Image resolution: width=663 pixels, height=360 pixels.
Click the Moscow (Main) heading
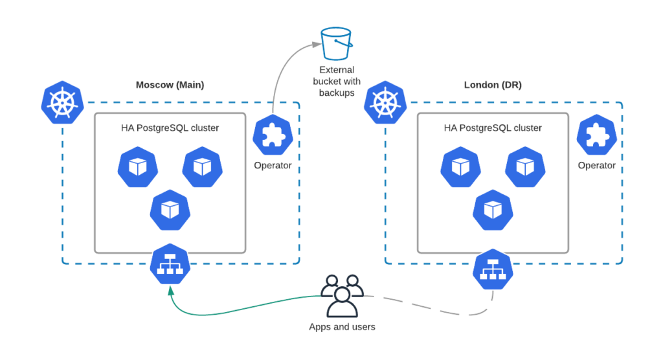click(x=170, y=85)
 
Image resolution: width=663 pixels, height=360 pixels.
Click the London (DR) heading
click(x=492, y=85)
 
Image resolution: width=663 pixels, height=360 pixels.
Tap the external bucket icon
click(x=336, y=43)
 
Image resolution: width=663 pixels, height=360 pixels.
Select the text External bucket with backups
click(x=336, y=82)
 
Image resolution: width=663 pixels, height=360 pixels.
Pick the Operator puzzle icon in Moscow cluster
click(x=273, y=135)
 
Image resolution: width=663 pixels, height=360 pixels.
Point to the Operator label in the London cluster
click(x=596, y=166)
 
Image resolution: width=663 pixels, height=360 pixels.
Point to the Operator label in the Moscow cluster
click(x=273, y=166)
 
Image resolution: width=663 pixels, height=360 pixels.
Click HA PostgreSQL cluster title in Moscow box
click(x=170, y=128)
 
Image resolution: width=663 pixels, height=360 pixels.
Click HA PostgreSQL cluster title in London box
click(x=493, y=128)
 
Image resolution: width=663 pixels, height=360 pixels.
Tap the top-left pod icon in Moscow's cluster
click(x=138, y=167)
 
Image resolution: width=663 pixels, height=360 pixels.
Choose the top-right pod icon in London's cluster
click(x=525, y=167)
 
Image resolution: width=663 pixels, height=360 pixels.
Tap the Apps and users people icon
click(x=341, y=295)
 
